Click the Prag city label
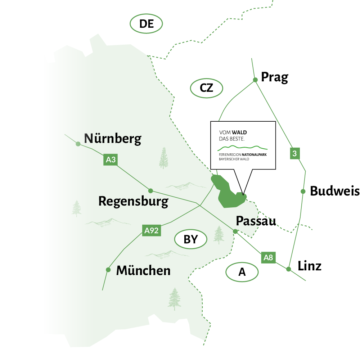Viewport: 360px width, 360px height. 274,77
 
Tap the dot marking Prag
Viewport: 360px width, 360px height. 255,80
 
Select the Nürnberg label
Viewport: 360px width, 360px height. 113,139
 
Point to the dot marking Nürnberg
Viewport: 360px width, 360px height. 78,144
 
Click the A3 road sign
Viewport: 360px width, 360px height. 111,159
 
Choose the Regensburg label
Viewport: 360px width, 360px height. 133,201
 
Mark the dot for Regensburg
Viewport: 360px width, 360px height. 150,190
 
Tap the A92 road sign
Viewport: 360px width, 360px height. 151,230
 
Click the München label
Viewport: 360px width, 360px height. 143,270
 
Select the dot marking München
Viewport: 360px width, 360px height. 108,269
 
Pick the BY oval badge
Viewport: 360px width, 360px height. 191,239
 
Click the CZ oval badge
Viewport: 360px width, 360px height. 207,88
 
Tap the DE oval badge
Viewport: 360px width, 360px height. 147,24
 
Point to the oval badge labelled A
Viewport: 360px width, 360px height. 242,272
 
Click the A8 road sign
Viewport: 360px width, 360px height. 268,257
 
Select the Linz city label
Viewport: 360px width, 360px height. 309,266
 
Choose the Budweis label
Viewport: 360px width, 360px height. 334,191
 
